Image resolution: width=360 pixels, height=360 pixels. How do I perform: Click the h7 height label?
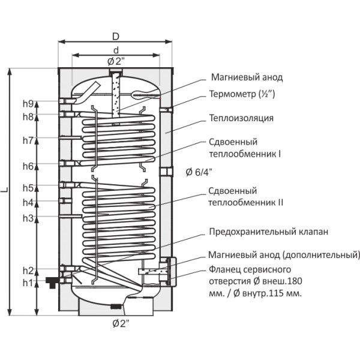coord(28,141)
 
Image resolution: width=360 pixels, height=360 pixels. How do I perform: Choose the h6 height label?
coord(28,166)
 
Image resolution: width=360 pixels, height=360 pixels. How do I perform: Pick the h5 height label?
coord(28,188)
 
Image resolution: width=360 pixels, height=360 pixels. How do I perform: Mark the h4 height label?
coord(28,202)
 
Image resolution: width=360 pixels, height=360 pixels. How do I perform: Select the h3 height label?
coord(28,218)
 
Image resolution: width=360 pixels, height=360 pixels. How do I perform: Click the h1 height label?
coord(28,282)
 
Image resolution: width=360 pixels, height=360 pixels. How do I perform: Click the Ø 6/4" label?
coord(200,172)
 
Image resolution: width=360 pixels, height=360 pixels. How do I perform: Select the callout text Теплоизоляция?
coord(241,118)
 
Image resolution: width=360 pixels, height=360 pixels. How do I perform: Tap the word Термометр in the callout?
coord(230,94)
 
